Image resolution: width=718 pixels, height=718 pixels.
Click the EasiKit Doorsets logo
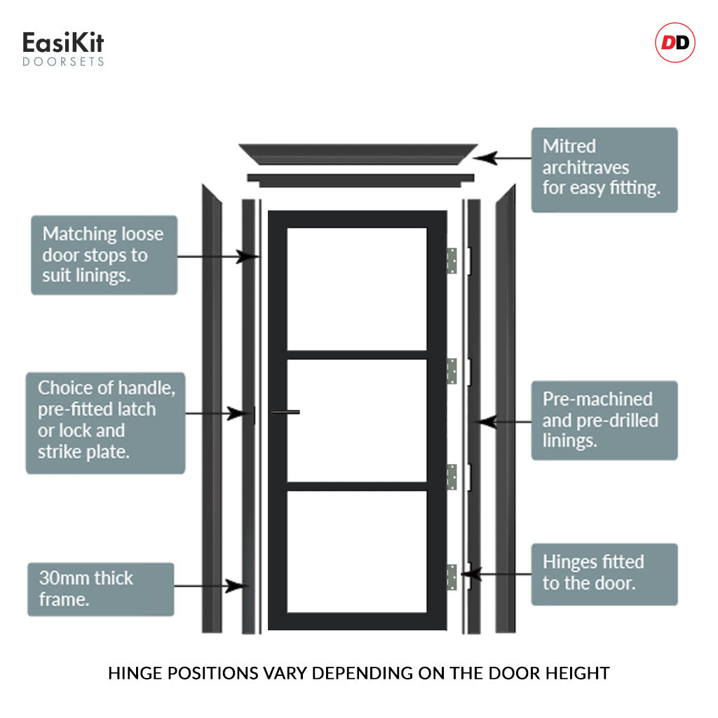coord(63,48)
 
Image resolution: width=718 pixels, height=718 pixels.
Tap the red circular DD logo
coord(675,43)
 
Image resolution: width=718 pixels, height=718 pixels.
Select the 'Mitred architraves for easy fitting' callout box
coord(604,170)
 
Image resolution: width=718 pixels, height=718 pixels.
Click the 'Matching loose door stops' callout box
coord(104,255)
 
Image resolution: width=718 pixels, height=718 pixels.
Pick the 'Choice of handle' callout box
coord(105,423)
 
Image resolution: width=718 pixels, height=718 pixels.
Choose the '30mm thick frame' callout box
coord(101,589)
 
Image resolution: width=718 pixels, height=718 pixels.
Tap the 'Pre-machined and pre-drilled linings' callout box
coord(604,421)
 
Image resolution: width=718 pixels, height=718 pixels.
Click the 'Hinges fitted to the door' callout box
coord(604,574)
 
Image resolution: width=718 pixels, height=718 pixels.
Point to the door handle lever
coord(286,412)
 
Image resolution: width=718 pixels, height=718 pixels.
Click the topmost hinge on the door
coord(452,261)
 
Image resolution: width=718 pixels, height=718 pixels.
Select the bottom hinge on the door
coord(452,577)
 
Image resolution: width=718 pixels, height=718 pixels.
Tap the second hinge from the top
coord(452,372)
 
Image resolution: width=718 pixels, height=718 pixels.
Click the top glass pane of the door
coord(357,289)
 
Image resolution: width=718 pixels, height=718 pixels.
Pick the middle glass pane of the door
coord(357,421)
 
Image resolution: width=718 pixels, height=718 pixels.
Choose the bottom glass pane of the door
coord(357,552)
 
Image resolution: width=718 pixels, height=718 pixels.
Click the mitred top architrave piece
coord(358,154)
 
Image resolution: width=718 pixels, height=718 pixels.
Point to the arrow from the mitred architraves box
coord(502,158)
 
